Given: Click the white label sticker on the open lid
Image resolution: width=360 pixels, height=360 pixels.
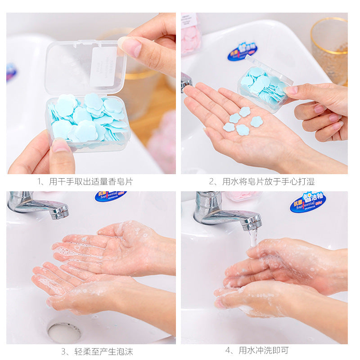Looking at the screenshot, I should [x=103, y=67].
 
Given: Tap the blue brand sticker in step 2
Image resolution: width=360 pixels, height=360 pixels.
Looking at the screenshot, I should [x=242, y=51].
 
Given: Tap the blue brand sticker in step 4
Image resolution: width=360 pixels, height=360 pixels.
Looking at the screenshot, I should [x=308, y=201].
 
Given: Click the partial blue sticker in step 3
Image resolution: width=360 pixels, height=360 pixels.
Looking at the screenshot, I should [x=110, y=196].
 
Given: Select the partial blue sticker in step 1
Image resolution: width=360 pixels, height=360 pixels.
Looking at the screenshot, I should [x=11, y=72].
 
